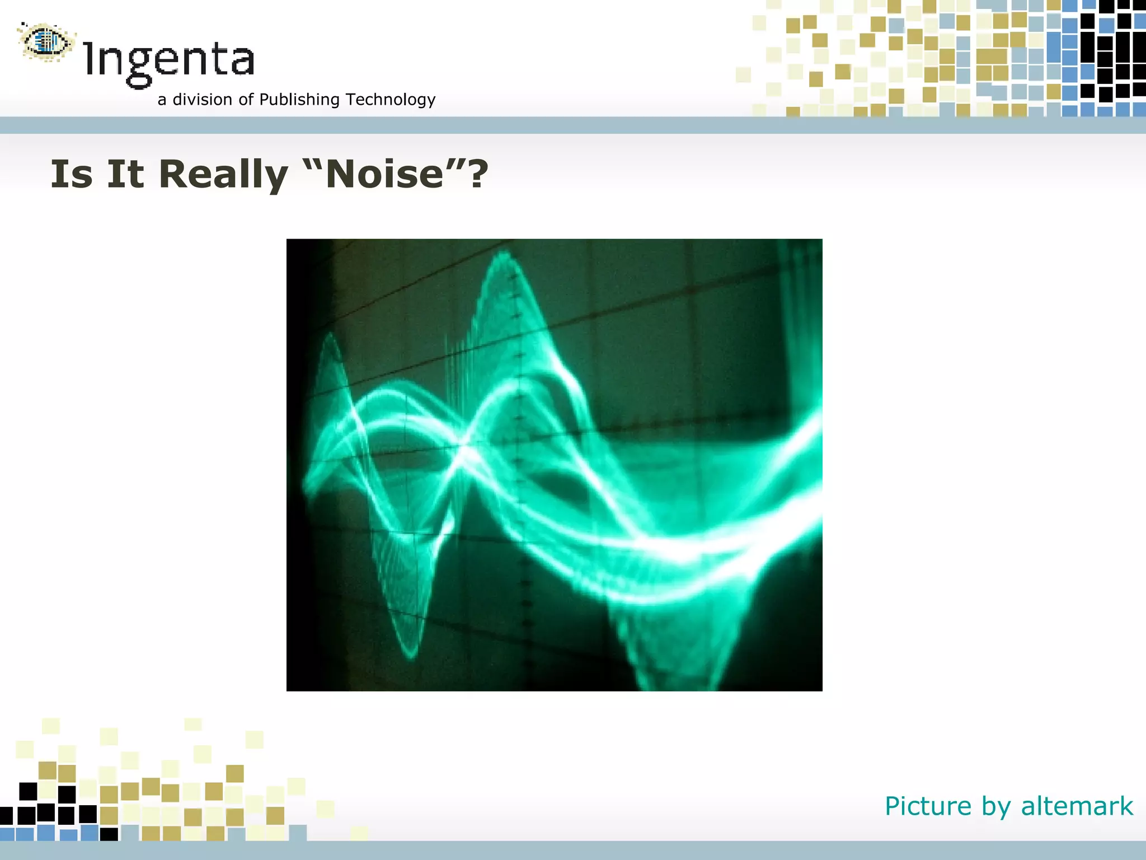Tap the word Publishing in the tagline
[x=299, y=100]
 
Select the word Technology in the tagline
[x=390, y=100]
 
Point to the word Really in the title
[x=223, y=175]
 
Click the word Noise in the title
[x=384, y=175]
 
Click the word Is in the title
[x=72, y=174]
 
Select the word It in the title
[x=125, y=174]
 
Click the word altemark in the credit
[x=1077, y=806]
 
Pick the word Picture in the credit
[x=928, y=806]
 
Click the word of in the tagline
[x=246, y=100]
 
